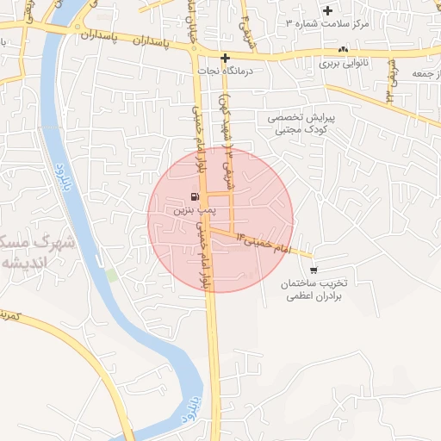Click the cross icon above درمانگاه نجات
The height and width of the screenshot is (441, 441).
pyautogui.click(x=226, y=59)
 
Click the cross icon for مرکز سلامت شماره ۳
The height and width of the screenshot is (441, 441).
pyautogui.click(x=326, y=11)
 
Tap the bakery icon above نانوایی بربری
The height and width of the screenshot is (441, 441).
pyautogui.click(x=343, y=50)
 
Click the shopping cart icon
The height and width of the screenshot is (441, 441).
pyautogui.click(x=313, y=269)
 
